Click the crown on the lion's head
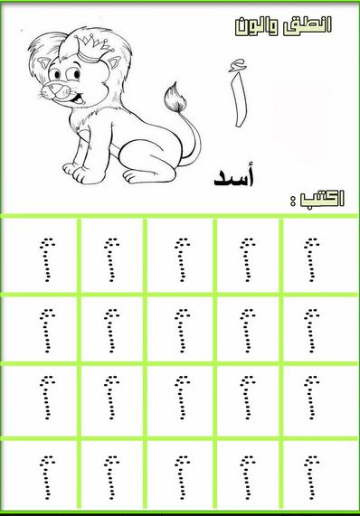92,49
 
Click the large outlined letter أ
239,93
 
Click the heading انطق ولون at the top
283,25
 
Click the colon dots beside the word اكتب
292,201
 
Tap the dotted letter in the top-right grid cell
311,260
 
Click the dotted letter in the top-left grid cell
47,260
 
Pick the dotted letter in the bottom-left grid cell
47,477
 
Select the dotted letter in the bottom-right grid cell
311,477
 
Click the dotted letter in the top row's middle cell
182,260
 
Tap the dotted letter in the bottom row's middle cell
182,477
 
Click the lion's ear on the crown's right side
114,64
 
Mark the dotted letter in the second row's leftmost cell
47,331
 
